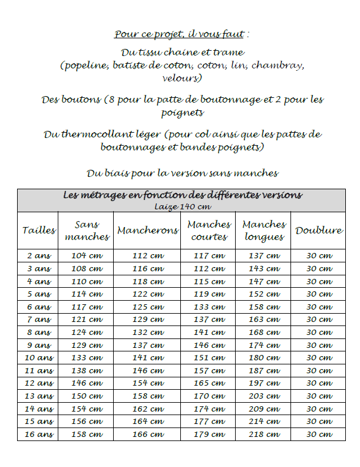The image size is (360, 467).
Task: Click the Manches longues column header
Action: [264, 231]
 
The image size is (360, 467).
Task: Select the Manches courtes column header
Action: [209, 231]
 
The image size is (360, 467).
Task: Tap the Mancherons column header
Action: [147, 231]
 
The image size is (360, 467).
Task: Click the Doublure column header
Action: [319, 231]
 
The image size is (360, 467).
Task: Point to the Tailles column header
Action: [39, 231]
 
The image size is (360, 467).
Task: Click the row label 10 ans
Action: [39, 358]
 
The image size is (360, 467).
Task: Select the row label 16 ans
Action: [39, 435]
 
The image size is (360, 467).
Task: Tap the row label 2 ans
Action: [39, 256]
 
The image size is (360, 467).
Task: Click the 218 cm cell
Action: [265, 435]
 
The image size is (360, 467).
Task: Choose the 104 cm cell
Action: [87, 256]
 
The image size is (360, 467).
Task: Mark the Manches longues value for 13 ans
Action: [265, 396]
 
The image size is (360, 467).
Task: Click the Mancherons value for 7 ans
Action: [148, 320]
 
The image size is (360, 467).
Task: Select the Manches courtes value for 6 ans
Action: [209, 307]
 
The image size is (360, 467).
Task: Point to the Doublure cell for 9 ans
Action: [319, 345]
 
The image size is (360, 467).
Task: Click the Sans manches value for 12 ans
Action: [87, 383]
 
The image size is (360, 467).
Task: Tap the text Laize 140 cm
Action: [183, 206]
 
